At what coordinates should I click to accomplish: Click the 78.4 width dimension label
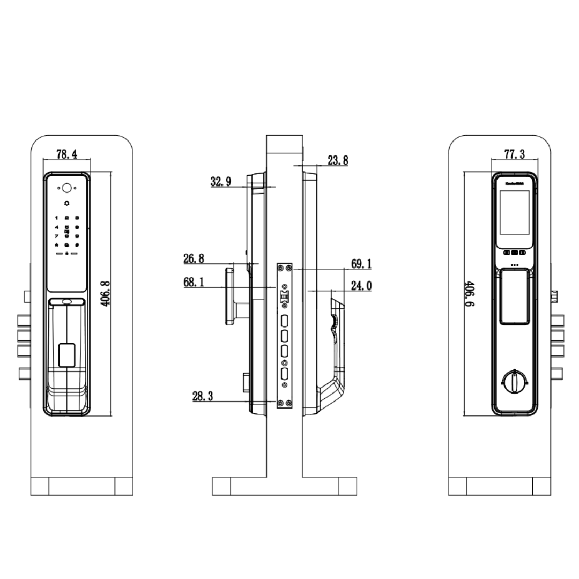[67, 154]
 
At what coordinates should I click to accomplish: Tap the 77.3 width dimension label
[514, 154]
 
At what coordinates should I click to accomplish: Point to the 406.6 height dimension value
[469, 293]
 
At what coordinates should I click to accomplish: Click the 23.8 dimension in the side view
[337, 160]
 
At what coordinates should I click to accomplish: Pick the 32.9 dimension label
[221, 182]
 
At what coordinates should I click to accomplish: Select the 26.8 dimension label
[194, 259]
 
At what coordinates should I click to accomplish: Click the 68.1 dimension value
[194, 283]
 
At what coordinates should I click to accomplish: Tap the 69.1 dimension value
[361, 264]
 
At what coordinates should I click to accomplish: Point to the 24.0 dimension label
[361, 286]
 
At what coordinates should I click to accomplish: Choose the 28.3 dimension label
[203, 396]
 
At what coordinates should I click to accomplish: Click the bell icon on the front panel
[66, 203]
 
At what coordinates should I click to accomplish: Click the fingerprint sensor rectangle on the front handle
[66, 354]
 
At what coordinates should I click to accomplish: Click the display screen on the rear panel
[514, 213]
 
